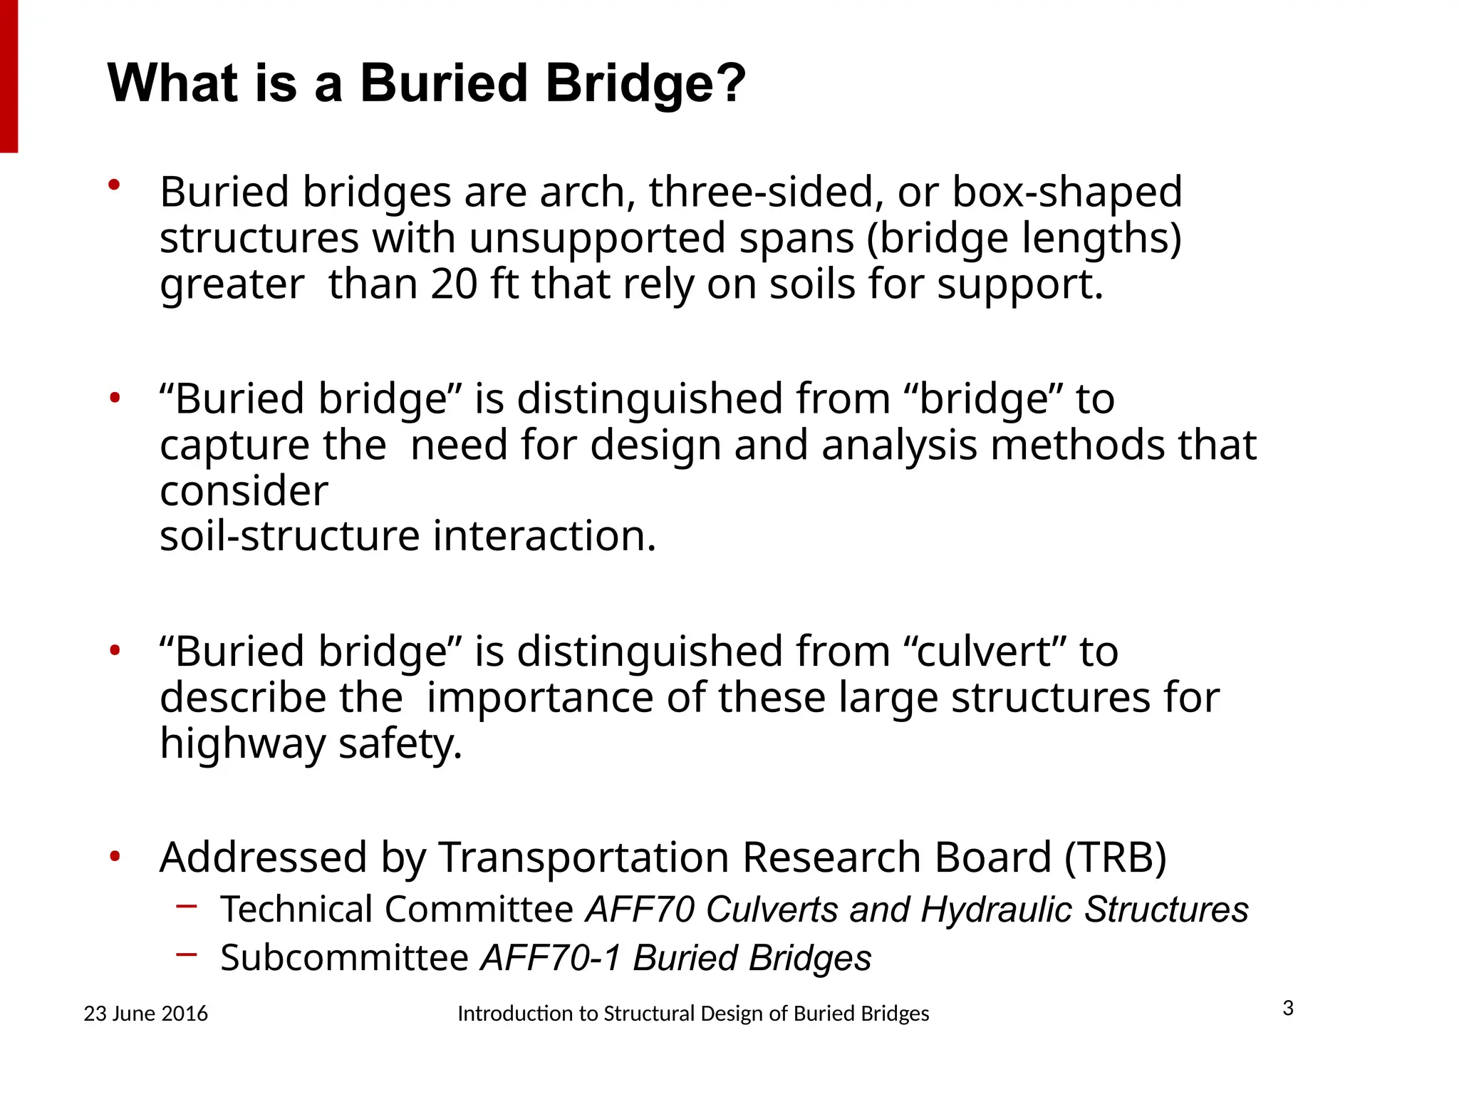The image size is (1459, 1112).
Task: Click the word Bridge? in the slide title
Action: coord(645,84)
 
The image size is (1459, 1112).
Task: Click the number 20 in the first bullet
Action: coord(454,284)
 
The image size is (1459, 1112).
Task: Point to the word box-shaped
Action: coord(1066,192)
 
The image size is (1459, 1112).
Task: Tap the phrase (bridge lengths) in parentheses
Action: coord(1024,238)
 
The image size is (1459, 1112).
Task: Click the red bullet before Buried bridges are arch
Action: coord(114,185)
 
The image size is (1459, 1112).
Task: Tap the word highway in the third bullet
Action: coord(243,743)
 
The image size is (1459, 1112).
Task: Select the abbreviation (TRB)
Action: coord(1116,857)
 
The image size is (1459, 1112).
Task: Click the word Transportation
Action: coord(583,857)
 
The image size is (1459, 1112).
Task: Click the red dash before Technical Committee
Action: coord(186,907)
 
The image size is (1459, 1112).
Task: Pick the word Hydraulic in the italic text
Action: coord(996,910)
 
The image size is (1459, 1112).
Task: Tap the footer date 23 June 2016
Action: coord(145,1014)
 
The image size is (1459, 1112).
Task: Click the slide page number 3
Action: coord(1288,1009)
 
